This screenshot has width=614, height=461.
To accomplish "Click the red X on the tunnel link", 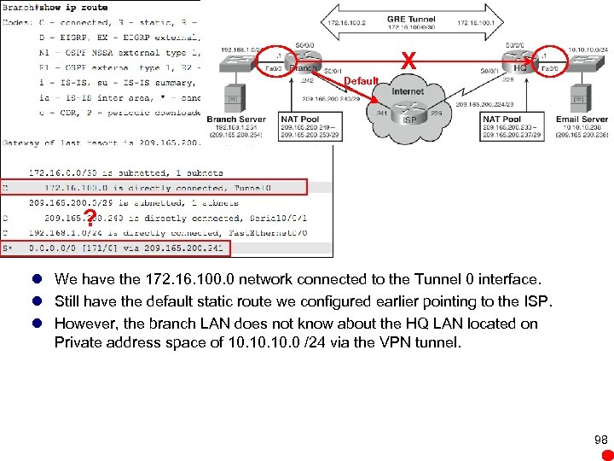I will [x=409, y=61].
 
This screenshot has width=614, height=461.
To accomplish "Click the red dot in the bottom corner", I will [x=602, y=454].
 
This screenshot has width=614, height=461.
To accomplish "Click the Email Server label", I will [x=582, y=120].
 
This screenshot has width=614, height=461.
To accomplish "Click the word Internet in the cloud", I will [x=408, y=91].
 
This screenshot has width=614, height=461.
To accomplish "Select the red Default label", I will [x=362, y=81].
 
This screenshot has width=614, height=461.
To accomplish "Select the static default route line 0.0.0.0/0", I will [x=116, y=248].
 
